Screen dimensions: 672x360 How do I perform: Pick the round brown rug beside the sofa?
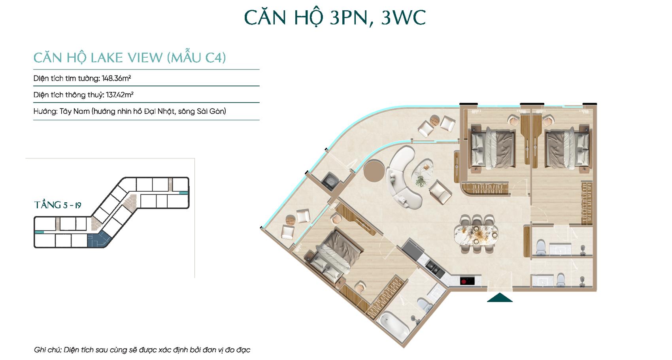374,171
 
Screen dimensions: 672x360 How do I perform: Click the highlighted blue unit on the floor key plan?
98,239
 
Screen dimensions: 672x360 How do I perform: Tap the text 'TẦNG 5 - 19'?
58,205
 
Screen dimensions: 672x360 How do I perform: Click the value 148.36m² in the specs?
116,78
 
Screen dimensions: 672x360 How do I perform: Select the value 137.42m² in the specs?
120,95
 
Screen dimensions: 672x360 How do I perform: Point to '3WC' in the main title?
404,18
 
